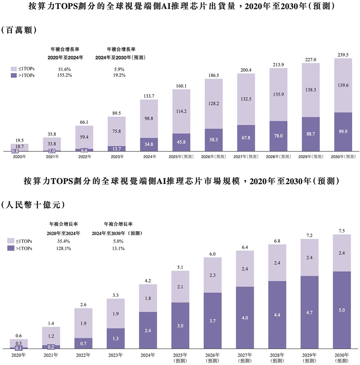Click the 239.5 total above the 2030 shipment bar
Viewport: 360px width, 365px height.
343,55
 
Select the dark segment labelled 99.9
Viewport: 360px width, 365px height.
343,132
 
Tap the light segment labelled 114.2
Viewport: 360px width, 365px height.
181,111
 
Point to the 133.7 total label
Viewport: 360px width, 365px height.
149,96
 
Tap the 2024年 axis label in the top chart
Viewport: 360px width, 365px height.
149,157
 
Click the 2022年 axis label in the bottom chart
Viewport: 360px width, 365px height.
84,355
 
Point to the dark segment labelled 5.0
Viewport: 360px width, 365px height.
342,310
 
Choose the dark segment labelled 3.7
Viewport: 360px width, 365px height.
212,321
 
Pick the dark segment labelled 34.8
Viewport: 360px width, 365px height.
149,144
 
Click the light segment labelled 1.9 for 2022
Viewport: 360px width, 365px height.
84,323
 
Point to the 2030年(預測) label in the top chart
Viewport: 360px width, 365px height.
343,157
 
